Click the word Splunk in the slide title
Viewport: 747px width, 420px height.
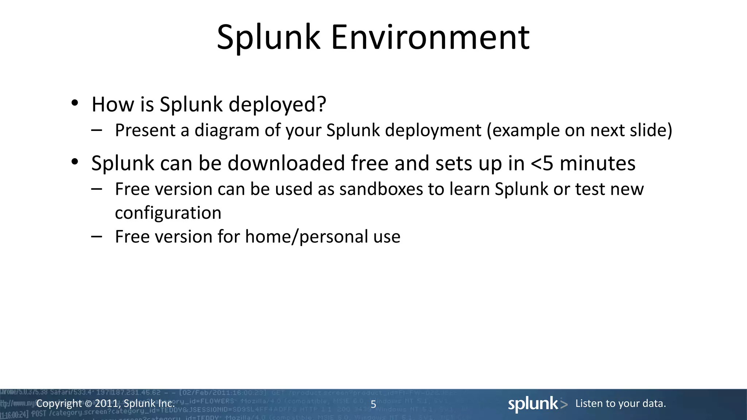click(268, 37)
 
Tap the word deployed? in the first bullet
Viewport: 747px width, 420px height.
click(277, 105)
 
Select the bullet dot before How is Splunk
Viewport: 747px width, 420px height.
click(75, 103)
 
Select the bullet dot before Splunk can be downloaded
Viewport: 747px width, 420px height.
click(75, 162)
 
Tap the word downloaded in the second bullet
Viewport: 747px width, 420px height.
click(286, 163)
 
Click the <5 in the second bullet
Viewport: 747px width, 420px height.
click(542, 163)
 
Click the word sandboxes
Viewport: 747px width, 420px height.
click(381, 189)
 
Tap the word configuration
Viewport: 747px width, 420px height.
click(168, 213)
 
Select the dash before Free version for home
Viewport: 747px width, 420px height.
click(97, 237)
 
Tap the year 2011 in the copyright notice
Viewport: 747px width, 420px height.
click(106, 404)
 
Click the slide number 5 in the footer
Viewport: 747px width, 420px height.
click(373, 404)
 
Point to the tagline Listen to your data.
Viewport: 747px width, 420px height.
click(620, 404)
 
